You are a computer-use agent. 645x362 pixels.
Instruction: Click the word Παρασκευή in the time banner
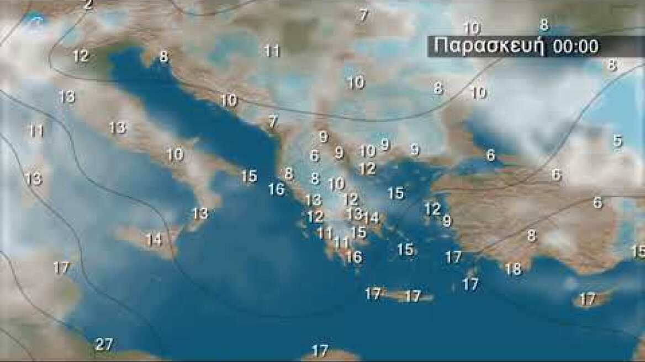pos(488,46)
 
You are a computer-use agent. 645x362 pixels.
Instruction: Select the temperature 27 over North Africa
pos(103,344)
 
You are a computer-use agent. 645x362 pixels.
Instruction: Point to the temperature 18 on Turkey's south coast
pos(513,269)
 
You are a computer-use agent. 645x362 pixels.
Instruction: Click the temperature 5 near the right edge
pos(617,141)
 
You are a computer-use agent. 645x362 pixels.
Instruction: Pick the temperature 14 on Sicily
pos(154,239)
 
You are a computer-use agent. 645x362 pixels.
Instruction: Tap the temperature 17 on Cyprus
pos(588,299)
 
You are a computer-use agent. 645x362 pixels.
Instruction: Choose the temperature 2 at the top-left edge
pos(88,5)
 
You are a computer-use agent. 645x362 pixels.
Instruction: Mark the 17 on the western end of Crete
pos(373,294)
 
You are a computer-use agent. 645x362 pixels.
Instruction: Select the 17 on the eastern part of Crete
pos(413,296)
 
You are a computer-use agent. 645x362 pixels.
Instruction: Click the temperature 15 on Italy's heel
pos(249,176)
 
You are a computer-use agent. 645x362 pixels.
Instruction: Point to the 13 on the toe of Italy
pos(199,212)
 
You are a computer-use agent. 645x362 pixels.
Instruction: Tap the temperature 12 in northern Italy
pos(81,56)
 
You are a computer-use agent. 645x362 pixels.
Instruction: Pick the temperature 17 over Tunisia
pos(61,268)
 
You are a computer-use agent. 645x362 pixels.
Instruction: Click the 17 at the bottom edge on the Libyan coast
pos(320,350)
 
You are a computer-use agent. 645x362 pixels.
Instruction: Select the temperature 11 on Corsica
pos(36,131)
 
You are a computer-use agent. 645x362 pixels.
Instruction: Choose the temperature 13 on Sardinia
pos(33,178)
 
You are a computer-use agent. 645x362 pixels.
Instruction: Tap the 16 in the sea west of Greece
pos(276,189)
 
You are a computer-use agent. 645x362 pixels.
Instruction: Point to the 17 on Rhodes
pos(470,284)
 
